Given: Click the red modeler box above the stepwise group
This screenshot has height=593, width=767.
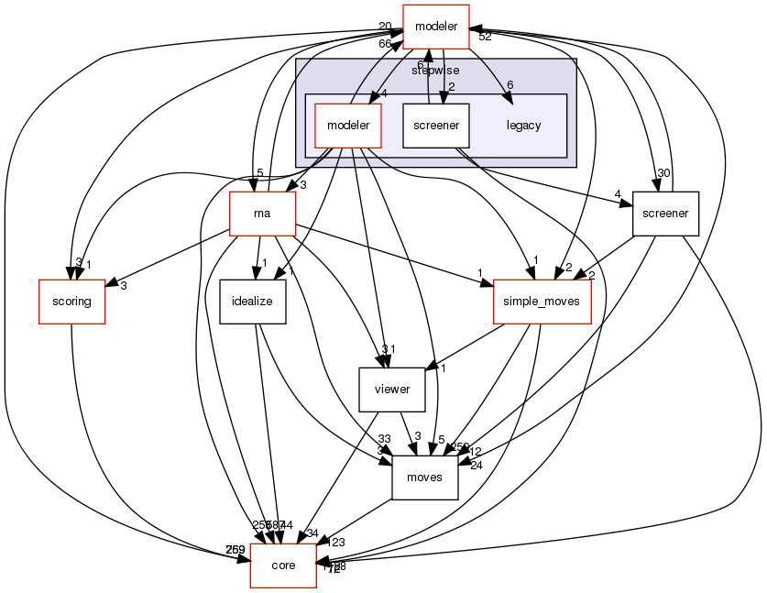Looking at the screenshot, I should pos(436,27).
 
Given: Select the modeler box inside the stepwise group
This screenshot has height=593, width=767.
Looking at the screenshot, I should pos(347,126).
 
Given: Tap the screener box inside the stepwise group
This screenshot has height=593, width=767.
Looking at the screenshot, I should pos(436,126).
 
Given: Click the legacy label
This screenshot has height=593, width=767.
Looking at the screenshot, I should pos(523,126).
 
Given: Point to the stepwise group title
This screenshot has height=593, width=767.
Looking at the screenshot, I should pos(435,70).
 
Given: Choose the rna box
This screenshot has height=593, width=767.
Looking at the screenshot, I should pos(262,214).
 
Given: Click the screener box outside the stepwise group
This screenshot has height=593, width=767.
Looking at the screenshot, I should pos(665,214).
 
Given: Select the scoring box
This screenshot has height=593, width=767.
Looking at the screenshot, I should pos(71,302).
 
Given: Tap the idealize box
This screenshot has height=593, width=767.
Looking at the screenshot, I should pos(254,302).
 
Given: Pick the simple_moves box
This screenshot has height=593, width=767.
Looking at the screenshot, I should pos(542,302).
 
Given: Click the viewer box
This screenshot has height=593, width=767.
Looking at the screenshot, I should pos(391,390).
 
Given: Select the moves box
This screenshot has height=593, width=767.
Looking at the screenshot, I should pos(424,478).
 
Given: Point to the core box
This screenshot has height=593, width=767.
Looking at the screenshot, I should pos(283,566).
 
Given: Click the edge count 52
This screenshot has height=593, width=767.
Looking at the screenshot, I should pos(485,37).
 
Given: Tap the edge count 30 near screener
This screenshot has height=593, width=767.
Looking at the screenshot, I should pos(663,173).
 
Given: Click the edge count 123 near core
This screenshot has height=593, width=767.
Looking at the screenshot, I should pos(337,543).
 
